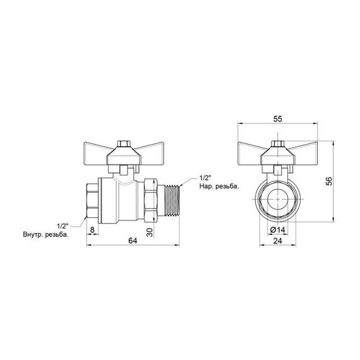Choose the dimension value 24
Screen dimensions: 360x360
278,240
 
